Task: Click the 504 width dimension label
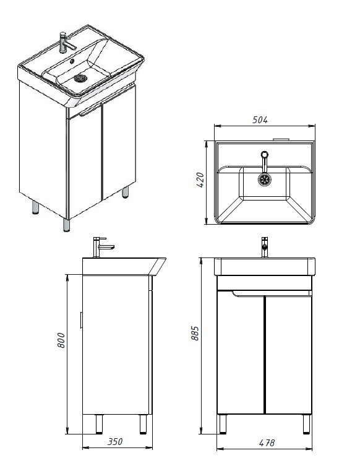[260, 119]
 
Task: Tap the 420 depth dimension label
[200, 179]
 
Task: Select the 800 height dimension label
[61, 340]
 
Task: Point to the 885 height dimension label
[195, 333]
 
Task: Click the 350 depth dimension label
[115, 441]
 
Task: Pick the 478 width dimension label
[267, 443]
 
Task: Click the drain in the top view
[265, 179]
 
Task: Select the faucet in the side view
[101, 247]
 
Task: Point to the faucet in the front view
[265, 247]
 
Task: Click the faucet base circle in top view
[265, 155]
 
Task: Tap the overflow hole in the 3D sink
[72, 62]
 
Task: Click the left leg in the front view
[222, 424]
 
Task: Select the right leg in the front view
[306, 424]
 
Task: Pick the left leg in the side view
[99, 424]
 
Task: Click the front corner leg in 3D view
[67, 225]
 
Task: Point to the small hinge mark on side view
[81, 320]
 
